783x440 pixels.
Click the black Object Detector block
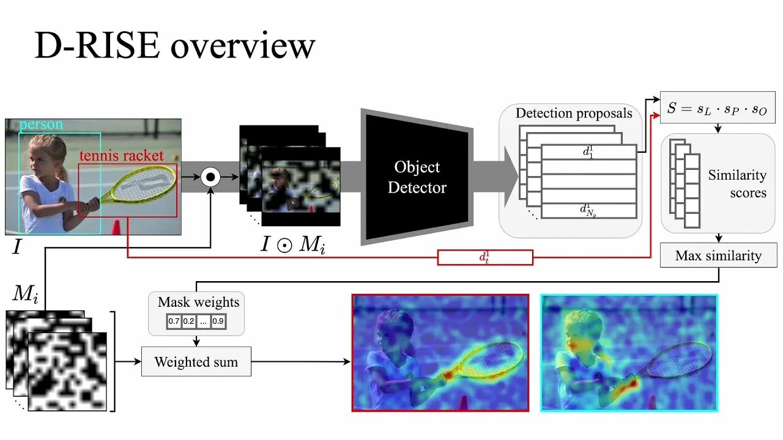(417, 177)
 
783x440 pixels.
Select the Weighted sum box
(196, 362)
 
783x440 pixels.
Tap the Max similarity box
(718, 255)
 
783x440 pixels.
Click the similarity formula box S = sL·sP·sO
(718, 108)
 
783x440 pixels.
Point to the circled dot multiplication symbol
(210, 177)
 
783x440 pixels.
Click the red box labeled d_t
(485, 257)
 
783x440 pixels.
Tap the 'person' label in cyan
(41, 125)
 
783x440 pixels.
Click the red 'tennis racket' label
(121, 155)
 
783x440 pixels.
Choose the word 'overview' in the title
(243, 46)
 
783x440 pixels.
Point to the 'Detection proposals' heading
(573, 113)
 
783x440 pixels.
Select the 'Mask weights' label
(198, 302)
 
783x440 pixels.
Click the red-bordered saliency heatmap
(440, 353)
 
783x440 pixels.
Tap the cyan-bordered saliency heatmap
(629, 353)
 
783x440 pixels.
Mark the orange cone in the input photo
(116, 227)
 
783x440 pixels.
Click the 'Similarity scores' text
(738, 183)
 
